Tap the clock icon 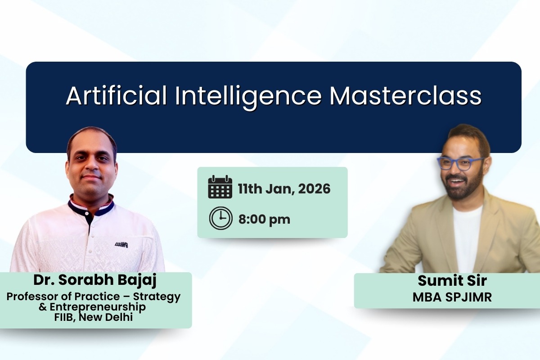click(220, 219)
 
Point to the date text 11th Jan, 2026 click(284, 189)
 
